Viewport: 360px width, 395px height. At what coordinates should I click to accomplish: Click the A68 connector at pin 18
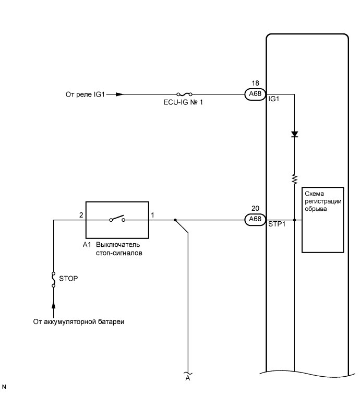coord(255,94)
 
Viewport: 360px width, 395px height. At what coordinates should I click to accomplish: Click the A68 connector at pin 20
coord(255,220)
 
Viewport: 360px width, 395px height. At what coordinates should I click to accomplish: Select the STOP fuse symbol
coord(53,280)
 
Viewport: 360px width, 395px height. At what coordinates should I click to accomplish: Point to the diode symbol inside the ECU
coord(294,134)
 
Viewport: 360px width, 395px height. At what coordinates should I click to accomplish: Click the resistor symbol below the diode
coord(294,179)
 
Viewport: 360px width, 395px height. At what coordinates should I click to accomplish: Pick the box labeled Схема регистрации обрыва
coord(322,220)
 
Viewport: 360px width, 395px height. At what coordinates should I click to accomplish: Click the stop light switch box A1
coord(117,220)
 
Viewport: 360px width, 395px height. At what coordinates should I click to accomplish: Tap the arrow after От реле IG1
coord(119,94)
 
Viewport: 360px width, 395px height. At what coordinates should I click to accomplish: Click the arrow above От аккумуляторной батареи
coord(53,304)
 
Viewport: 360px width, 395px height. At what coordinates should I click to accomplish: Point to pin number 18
coord(255,83)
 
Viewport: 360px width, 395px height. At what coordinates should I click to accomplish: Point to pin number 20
coord(255,208)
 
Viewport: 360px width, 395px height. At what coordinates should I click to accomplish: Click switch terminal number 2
coord(81,214)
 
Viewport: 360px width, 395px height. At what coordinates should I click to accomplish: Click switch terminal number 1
coord(152,214)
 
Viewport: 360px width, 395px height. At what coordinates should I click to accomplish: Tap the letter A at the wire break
coord(187,379)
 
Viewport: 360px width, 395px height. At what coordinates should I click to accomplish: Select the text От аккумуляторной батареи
coord(78,321)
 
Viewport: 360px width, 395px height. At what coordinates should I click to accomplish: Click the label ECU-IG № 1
coord(183,102)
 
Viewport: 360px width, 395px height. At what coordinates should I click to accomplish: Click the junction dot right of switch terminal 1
coord(175,220)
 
